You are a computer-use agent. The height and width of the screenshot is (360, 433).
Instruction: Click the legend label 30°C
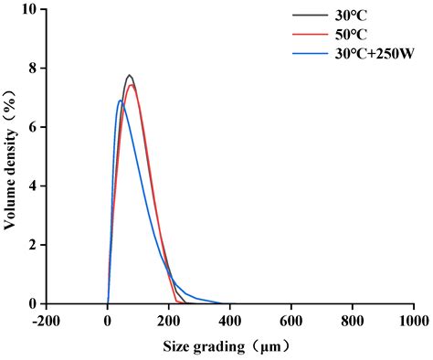tap(353, 16)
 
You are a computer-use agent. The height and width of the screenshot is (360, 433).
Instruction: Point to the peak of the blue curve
tap(121, 101)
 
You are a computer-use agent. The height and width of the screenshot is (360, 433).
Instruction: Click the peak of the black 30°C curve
tap(130, 75)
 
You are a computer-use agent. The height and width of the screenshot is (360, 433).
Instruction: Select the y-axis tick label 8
tap(33, 69)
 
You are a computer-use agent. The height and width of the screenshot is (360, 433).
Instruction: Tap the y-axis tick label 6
tap(33, 127)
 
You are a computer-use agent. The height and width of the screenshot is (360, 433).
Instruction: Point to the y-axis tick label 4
tap(33, 186)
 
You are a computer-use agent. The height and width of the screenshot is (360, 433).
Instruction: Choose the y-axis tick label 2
tap(33, 245)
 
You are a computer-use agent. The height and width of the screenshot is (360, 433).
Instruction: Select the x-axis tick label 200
tap(169, 322)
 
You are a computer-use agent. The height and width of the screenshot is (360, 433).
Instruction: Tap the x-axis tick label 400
tap(230, 322)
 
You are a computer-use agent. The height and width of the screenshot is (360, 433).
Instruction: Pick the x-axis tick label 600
tap(291, 322)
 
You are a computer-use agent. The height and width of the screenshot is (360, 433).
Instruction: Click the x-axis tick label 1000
tap(413, 322)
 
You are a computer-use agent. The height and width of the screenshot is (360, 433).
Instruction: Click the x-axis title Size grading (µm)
tap(229, 347)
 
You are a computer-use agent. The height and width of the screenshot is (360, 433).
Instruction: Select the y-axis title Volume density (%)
tap(10, 156)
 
